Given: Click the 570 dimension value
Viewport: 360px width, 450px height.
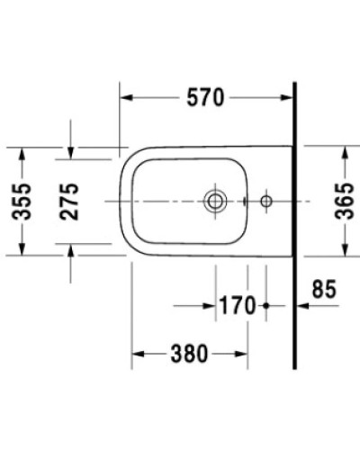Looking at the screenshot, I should [206, 98].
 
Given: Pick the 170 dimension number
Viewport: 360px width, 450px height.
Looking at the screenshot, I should [237, 306].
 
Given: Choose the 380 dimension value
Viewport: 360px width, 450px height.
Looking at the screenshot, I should [189, 353].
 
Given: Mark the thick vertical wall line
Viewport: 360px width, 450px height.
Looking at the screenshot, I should [296, 225].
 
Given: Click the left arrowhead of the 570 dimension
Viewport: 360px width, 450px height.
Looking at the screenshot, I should [125, 98].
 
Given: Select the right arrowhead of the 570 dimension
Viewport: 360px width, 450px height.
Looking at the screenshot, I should [289, 98].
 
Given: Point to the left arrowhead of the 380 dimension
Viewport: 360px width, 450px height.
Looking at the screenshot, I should [138, 353].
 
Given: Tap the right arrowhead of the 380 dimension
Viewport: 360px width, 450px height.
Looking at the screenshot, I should [244, 353].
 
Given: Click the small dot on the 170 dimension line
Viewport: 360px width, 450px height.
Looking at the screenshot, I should [266, 306].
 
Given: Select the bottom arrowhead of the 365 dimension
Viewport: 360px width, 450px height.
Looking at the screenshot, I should [345, 249].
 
